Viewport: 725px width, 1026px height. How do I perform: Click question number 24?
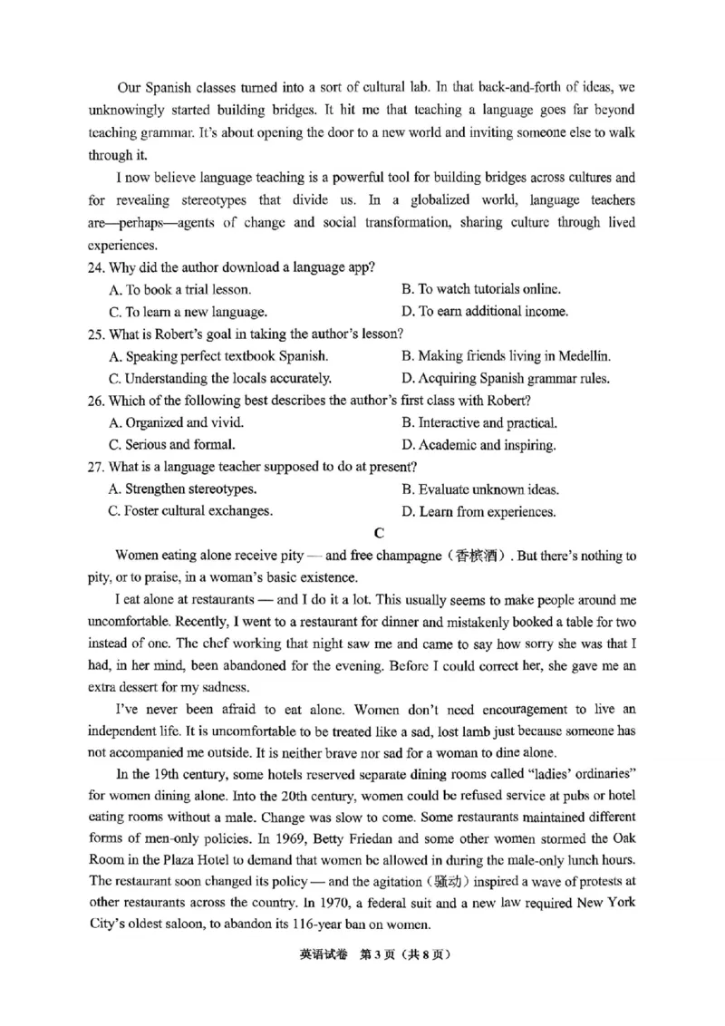pos(97,267)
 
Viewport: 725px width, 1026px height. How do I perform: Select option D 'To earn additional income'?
pos(484,312)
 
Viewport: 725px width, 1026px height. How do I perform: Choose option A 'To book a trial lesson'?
pos(179,290)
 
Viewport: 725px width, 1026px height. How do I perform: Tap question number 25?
pos(97,334)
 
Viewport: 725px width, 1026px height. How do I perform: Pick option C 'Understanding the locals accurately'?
pos(219,379)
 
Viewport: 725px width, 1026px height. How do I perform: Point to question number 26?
pos(97,401)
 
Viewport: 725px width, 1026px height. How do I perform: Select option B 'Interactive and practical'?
pos(478,423)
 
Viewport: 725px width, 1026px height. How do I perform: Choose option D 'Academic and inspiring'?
pos(478,446)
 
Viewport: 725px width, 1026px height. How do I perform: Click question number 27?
pos(97,468)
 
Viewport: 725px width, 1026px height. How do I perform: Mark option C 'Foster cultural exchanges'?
pos(190,512)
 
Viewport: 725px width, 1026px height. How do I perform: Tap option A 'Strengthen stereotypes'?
pos(181,489)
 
